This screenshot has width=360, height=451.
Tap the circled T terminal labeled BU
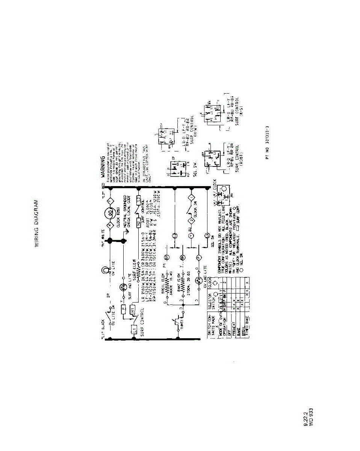[190, 236]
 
